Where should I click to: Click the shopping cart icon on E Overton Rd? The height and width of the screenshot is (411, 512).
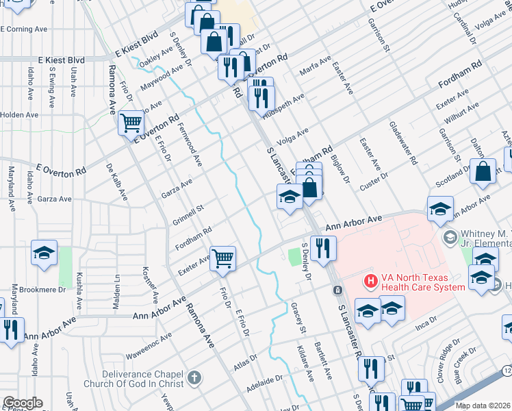click(131, 124)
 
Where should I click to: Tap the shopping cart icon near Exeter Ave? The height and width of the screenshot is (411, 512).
click(222, 259)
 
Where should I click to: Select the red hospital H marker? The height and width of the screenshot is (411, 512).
click(370, 281)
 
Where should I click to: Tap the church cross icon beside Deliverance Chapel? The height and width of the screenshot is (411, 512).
click(194, 378)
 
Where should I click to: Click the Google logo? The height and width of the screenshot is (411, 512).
click(23, 403)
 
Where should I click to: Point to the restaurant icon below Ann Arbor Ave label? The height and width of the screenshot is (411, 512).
click(323, 248)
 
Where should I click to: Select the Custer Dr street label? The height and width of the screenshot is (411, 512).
click(374, 185)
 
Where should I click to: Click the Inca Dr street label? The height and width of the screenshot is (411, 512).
click(426, 321)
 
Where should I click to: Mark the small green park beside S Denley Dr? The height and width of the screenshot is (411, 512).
click(295, 258)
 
